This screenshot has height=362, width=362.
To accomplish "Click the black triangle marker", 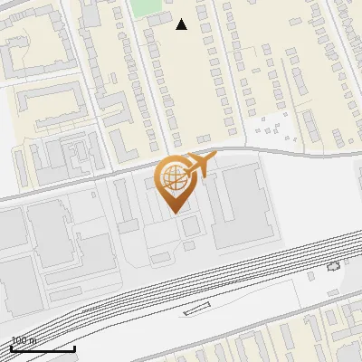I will click(181, 24).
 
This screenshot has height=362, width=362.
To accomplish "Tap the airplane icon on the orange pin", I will click(199, 166).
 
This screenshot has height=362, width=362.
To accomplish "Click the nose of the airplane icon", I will click(214, 157).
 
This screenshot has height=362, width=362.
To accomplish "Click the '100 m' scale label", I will click(24, 340).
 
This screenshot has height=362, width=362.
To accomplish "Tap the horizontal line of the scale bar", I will click(43, 348).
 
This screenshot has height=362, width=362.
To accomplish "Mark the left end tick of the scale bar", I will click(11, 347).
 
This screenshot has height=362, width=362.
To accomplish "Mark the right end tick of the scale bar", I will click(74, 347).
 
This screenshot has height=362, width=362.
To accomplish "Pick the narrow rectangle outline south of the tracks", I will click(196, 310).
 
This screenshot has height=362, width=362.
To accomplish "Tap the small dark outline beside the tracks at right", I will click(332, 266).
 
